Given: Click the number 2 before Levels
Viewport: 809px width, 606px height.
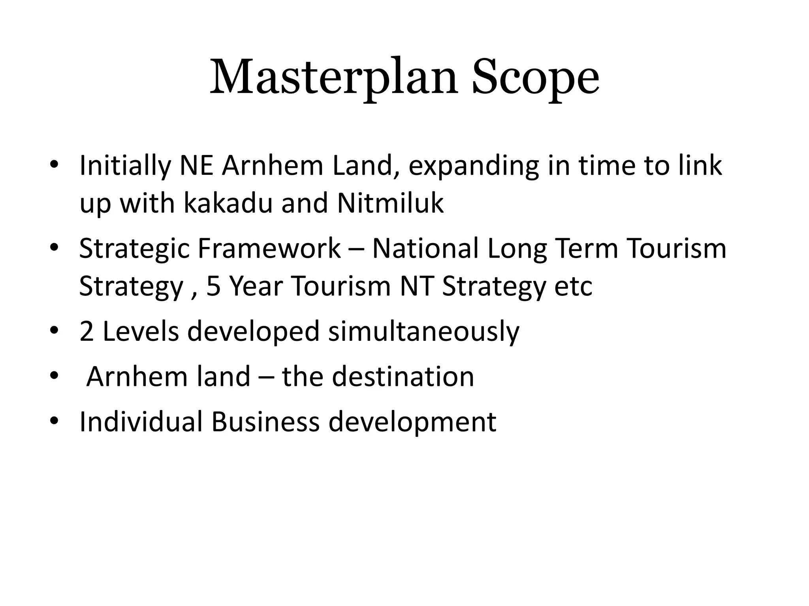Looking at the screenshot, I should [x=87, y=331].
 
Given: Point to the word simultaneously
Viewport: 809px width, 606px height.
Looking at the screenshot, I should [x=423, y=331].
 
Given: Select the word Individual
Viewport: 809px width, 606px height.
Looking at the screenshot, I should [x=141, y=421].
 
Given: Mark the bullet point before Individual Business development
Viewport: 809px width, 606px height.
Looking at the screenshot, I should [x=54, y=421].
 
